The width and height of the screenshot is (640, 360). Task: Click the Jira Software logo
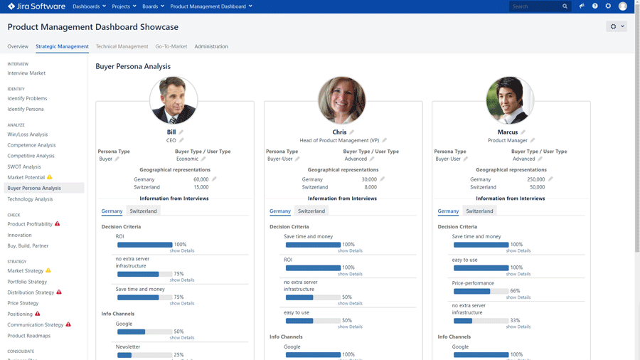click(36, 6)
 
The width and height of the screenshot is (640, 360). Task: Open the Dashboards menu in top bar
click(89, 6)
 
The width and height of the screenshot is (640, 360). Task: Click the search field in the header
click(535, 6)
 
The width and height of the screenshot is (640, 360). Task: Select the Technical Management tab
click(122, 46)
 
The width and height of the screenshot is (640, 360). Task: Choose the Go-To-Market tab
click(171, 46)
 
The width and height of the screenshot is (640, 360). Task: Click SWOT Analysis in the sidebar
click(24, 166)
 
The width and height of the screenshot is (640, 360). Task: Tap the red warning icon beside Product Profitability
click(58, 224)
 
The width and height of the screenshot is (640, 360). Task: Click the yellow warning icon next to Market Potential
click(49, 177)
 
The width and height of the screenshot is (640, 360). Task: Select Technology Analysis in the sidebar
click(30, 199)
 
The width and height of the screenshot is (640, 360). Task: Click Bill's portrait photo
click(174, 100)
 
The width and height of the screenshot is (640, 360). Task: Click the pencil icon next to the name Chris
click(352, 132)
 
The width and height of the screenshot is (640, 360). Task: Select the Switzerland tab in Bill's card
click(143, 211)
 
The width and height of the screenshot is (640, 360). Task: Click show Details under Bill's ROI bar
click(182, 250)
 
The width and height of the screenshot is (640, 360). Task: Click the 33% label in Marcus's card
click(516, 320)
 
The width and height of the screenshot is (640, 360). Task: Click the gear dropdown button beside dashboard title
click(616, 26)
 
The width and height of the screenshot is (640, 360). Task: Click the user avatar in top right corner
click(623, 6)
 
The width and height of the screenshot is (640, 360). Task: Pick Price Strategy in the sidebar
click(23, 303)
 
